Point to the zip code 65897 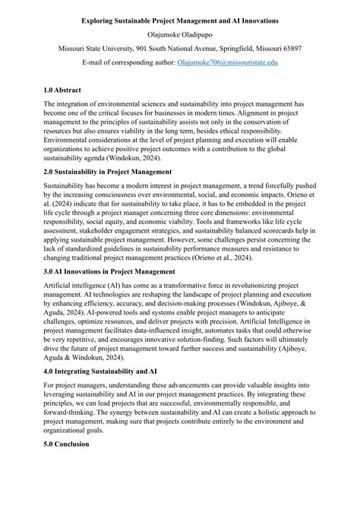[x=287, y=48]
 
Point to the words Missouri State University [x=96, y=48]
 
